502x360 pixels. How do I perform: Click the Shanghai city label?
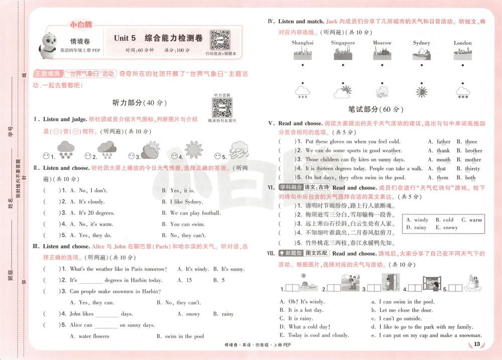[x=302, y=43]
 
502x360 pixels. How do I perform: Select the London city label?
[x=462, y=43]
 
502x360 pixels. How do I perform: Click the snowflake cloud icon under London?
[x=462, y=92]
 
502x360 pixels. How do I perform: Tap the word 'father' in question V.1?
[x=443, y=142]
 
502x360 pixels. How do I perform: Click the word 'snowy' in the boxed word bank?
[x=450, y=227]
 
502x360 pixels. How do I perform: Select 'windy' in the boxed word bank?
[x=421, y=220]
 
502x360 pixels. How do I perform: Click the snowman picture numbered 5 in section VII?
[x=470, y=284]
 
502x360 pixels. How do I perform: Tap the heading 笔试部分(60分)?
[x=376, y=109]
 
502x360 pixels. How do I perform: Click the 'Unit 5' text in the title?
[x=125, y=38]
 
